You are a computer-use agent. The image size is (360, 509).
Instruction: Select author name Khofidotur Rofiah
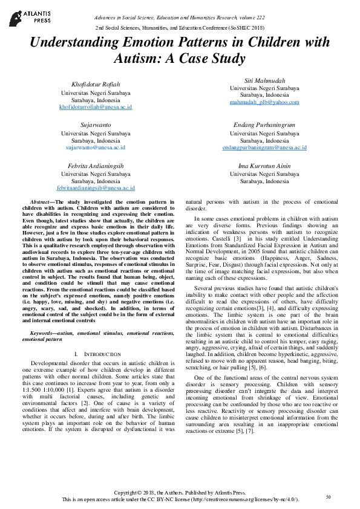coord(95,84)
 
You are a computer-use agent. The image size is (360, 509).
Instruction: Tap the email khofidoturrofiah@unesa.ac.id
coord(95,107)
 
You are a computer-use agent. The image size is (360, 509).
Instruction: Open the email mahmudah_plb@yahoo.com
coord(264,102)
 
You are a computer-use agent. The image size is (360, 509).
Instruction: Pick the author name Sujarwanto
coord(95,124)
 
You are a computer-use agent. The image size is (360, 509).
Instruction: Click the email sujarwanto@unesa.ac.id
coord(95,147)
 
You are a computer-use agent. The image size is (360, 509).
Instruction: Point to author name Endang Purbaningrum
coord(264,124)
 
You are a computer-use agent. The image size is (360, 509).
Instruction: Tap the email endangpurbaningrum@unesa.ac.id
coord(264,147)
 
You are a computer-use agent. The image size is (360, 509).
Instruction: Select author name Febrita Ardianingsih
coord(95,165)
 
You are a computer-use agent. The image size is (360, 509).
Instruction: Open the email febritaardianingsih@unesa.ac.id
coord(95,188)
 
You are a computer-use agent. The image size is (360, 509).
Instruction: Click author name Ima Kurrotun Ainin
coord(264,165)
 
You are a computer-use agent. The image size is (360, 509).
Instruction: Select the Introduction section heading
coord(97,352)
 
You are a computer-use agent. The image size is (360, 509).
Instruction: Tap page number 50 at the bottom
coord(328,497)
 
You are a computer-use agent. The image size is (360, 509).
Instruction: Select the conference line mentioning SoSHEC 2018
coord(180,28)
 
